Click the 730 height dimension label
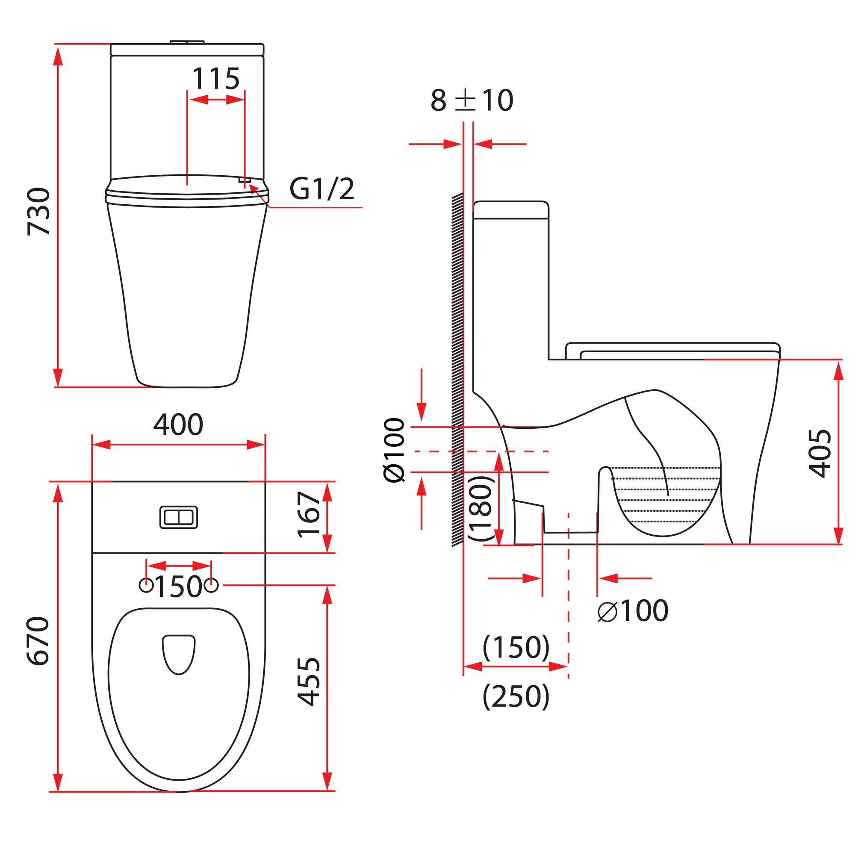39,211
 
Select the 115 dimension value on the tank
215,79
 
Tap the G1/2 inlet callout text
322,189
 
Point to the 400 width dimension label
178,425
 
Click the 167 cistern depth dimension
309,515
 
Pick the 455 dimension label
309,682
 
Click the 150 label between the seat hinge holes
179,587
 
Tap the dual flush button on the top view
178,517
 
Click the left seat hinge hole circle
146,585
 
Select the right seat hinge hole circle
211,585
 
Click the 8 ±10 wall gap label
472,100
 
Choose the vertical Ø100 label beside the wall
394,450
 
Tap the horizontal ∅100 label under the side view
632,611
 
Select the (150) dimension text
516,647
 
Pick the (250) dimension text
516,696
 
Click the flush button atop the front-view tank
187,41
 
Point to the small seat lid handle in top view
179,655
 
